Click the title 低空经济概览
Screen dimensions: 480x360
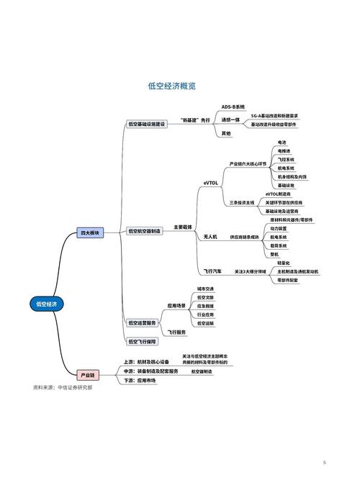tap(173, 86)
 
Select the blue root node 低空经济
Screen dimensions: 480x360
tap(45, 304)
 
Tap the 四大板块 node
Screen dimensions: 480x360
tap(90, 232)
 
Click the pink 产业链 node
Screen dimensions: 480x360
tap(87, 374)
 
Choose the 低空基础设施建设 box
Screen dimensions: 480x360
tap(146, 124)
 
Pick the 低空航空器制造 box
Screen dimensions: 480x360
tap(144, 231)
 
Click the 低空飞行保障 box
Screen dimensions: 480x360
tap(142, 341)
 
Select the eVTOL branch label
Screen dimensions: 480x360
tap(210, 184)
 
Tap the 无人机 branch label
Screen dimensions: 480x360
tap(210, 236)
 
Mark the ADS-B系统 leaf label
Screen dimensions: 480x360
tap(233, 107)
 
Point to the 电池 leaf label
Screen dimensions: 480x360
tap(282, 142)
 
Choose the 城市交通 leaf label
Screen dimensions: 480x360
tap(205, 289)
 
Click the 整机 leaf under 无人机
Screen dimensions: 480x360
tap(274, 254)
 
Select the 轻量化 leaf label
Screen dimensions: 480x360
tap(284, 263)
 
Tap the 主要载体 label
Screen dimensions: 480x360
tap(183, 226)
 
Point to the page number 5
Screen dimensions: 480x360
tap(324, 461)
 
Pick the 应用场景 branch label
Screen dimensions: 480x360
tap(176, 305)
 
